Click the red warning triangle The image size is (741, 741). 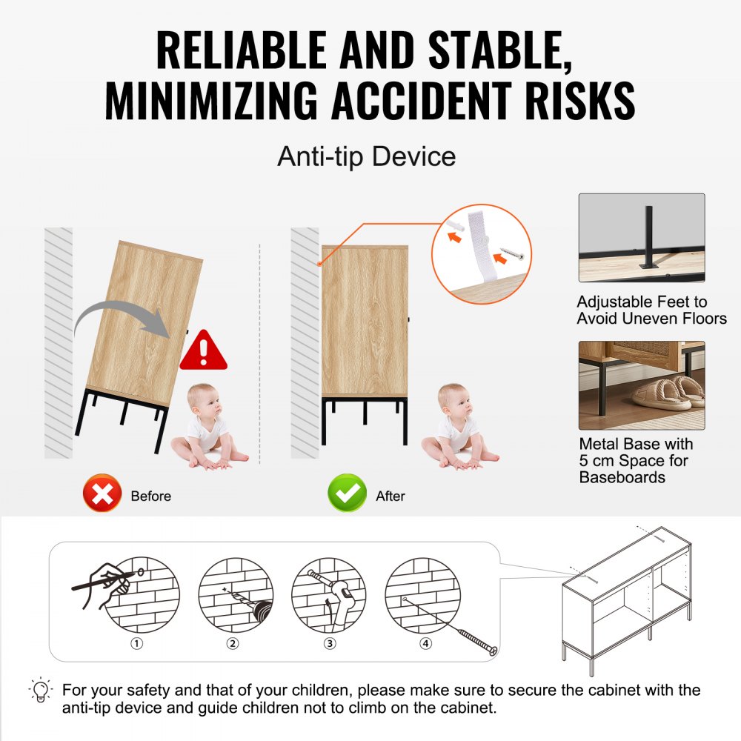coord(204,350)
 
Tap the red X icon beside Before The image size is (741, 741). coord(102,494)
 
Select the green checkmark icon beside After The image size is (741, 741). coord(347,494)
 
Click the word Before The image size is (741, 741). coord(150,496)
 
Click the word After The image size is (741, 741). coord(390,496)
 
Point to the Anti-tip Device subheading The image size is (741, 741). coord(366,157)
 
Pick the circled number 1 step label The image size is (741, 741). coord(136,643)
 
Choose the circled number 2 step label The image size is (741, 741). coord(233,643)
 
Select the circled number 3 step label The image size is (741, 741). coord(330,643)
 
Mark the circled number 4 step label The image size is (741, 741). coord(425,643)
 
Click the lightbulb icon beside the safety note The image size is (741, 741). coord(41,691)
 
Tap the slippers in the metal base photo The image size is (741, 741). coord(667,391)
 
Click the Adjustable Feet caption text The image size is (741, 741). coord(642,310)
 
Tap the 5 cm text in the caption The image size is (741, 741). coord(597,461)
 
